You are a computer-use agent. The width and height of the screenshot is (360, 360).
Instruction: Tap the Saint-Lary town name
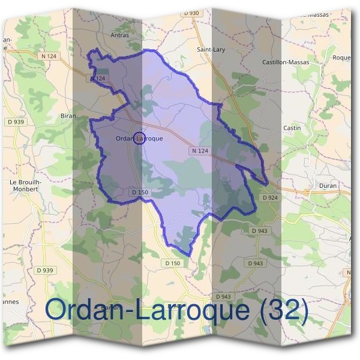pyautogui.click(x=211, y=50)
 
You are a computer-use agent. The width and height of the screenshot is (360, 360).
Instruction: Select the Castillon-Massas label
pyautogui.click(x=286, y=62)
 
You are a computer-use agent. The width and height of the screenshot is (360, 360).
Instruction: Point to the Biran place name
pyautogui.click(x=68, y=115)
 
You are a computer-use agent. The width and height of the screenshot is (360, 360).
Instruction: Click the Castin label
pyautogui.click(x=292, y=128)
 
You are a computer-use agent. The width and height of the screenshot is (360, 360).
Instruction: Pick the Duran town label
pyautogui.click(x=328, y=186)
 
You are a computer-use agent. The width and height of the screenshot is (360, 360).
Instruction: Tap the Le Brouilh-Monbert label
pyautogui.click(x=25, y=185)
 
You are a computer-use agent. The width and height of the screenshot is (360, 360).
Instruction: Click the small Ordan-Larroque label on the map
pyautogui.click(x=139, y=139)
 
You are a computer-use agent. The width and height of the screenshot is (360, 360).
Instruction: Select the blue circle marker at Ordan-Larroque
pyautogui.click(x=139, y=139)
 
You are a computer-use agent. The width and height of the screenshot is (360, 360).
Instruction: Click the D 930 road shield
pyautogui.click(x=191, y=13)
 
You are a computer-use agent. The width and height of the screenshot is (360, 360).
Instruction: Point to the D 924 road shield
pyautogui.click(x=270, y=197)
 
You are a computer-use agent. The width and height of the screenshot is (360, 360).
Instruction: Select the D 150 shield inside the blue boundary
pyautogui.click(x=139, y=192)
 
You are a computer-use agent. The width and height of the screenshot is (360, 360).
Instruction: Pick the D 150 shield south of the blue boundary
pyautogui.click(x=172, y=263)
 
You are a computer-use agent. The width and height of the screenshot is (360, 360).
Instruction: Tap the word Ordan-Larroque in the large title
pyautogui.click(x=147, y=310)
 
